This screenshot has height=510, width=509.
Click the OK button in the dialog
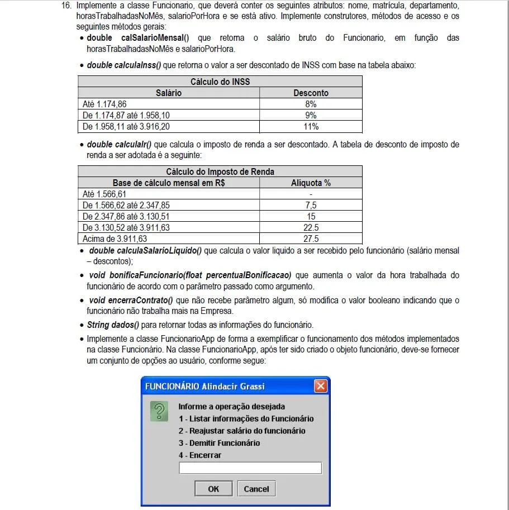pos(213,489)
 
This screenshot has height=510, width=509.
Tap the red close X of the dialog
pos(321,386)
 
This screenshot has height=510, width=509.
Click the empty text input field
pos(250,468)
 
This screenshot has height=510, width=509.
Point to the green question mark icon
pos(160,412)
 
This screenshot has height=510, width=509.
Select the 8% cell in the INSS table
pos(311,104)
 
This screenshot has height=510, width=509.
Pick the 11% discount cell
pos(311,126)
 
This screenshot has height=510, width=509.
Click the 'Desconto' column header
pos(311,93)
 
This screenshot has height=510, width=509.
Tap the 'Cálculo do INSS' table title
pos(220,82)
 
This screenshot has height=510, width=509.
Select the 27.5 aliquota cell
pos(311,239)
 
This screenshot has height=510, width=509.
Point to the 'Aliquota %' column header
pos(311,183)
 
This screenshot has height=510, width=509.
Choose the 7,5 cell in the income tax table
pos(311,205)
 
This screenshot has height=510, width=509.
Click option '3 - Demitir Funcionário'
pos(219,443)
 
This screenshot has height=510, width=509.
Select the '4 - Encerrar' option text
pos(200,455)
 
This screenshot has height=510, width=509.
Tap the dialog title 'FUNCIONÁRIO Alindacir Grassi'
pos(204,386)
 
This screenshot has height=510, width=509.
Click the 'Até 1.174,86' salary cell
pos(104,104)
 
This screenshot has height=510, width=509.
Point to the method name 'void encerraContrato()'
pos(131,301)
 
